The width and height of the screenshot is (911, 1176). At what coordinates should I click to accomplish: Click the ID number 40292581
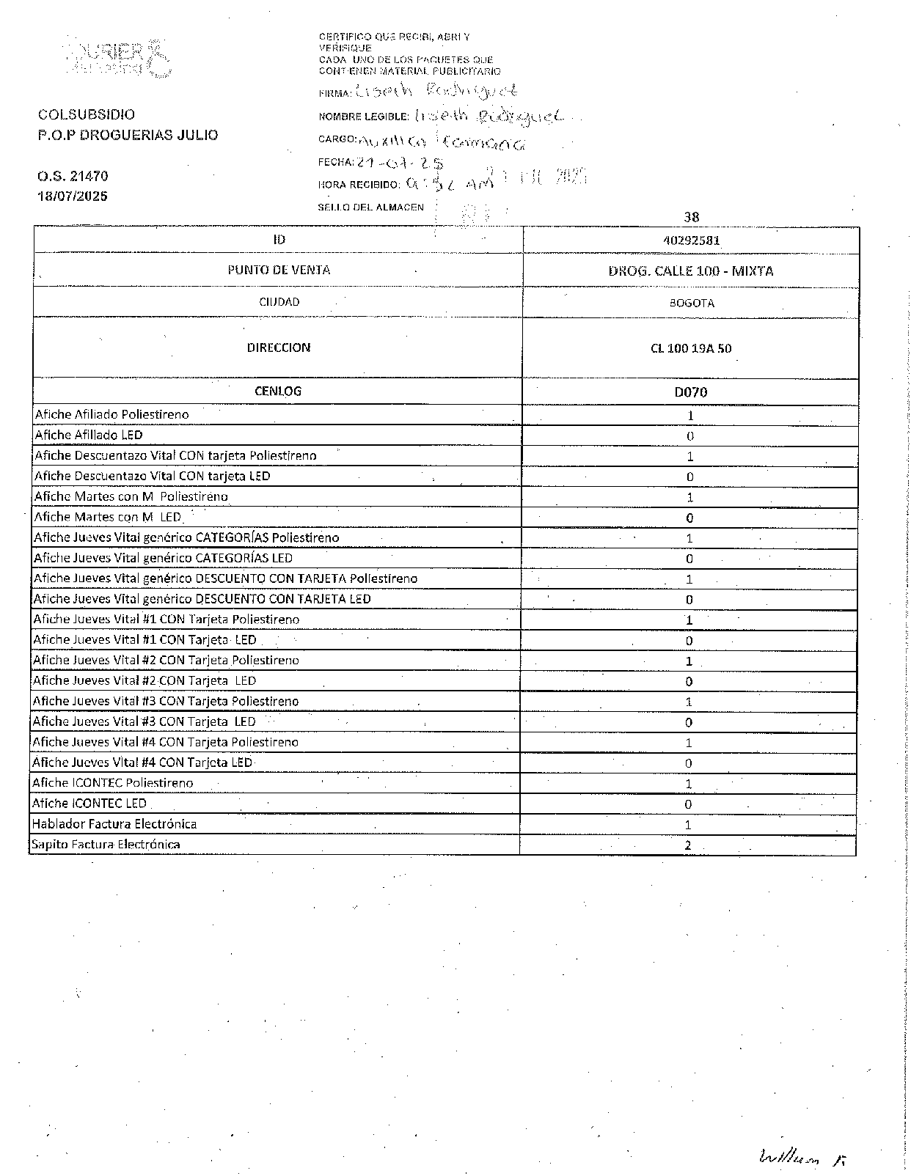point(690,240)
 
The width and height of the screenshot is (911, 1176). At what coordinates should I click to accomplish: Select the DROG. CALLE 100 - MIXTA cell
point(690,271)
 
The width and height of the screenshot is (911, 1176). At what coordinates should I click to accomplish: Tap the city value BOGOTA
point(691,303)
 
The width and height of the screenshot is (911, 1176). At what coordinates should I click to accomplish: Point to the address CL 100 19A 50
point(690,348)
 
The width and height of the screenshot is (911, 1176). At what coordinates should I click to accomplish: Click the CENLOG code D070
point(690,392)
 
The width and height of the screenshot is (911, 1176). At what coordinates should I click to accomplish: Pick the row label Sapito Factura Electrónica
point(106,845)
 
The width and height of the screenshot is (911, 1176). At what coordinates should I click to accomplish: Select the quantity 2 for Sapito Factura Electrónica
point(688,845)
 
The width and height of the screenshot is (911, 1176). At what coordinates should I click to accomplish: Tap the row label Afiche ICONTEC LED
point(89,804)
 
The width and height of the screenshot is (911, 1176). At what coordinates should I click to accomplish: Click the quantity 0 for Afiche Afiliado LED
point(690,436)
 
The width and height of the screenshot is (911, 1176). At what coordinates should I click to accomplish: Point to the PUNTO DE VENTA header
point(279,270)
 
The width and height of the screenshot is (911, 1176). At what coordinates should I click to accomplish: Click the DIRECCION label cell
point(279,348)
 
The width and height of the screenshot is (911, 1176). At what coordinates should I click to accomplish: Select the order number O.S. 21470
point(73,176)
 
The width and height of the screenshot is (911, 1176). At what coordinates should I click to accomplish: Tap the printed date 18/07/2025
point(73,196)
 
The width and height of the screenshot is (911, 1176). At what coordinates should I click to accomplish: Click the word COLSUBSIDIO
point(87,114)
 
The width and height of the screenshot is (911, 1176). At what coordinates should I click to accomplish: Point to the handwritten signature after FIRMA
point(436,91)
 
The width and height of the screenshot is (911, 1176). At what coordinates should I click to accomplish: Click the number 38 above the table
point(691,217)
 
